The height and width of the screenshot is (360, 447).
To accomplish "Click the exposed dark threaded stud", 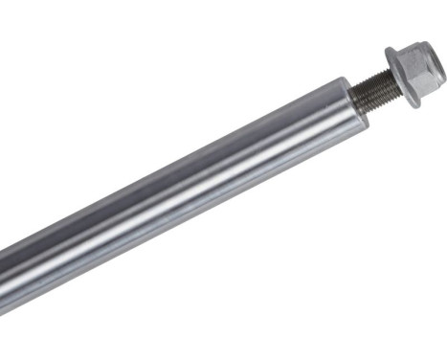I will click(373, 94).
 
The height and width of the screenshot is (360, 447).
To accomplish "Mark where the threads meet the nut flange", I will click(388, 85).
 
